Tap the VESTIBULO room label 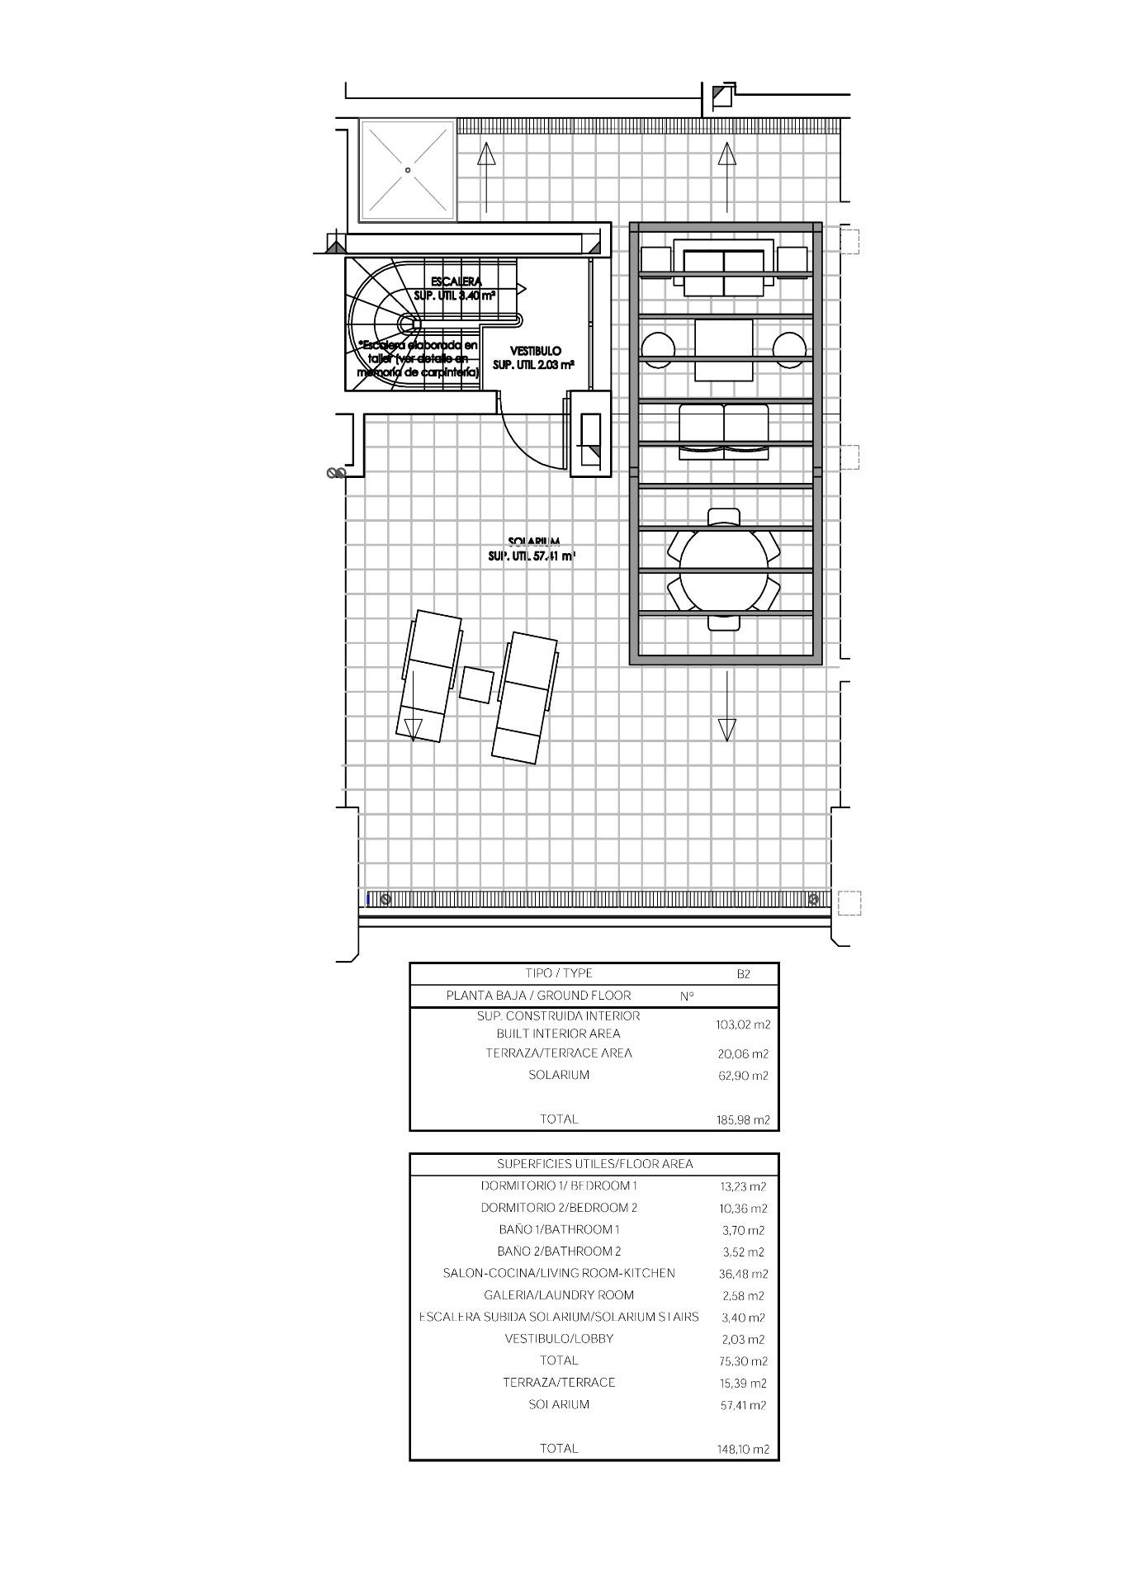pos(535,351)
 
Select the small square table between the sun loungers pos(476,684)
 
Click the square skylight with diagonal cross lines pos(408,171)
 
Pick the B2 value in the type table pos(743,974)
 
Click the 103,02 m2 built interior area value pos(743,1024)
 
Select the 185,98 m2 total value pos(743,1120)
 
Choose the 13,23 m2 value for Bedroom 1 pos(743,1187)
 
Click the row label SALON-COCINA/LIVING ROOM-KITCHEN pos(559,1274)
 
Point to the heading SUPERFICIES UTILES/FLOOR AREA pos(594,1164)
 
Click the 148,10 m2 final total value pos(743,1449)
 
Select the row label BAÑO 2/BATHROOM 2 pos(559,1251)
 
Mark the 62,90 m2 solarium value pos(743,1076)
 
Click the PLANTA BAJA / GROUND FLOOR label pos(538,996)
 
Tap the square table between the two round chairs pos(724,349)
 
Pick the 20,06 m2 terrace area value pos(743,1054)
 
